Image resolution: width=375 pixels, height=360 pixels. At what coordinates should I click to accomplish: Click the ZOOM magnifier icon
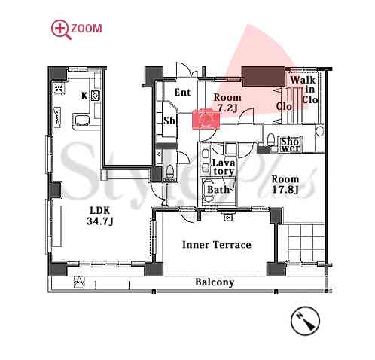pyautogui.click(x=59, y=29)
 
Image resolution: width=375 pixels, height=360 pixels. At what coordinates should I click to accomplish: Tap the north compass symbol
pyautogui.click(x=305, y=321)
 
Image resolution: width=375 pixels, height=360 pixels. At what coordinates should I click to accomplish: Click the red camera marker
pyautogui.click(x=206, y=119)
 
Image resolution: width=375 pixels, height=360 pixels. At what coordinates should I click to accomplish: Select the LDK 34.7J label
pyautogui.click(x=100, y=216)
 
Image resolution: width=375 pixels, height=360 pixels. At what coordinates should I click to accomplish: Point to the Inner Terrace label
pyautogui.click(x=217, y=245)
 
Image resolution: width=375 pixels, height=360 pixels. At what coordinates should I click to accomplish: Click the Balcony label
pyautogui.click(x=215, y=282)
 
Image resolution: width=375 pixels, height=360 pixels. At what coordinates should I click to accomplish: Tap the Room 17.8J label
pyautogui.click(x=285, y=185)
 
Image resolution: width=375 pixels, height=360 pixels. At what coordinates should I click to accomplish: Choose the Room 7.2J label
pyautogui.click(x=227, y=103)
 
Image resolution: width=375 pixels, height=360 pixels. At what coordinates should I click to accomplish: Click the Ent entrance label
pyautogui.click(x=182, y=93)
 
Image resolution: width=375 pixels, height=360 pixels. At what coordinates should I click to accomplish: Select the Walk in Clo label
pyautogui.click(x=306, y=90)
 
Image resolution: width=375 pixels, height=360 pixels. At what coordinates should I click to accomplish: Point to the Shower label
pyautogui.click(x=291, y=145)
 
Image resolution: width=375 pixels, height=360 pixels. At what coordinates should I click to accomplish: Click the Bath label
pyautogui.click(x=218, y=190)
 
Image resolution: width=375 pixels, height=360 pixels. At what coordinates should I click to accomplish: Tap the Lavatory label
pyautogui.click(x=223, y=167)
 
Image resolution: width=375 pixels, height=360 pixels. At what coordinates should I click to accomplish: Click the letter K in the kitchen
pyautogui.click(x=84, y=96)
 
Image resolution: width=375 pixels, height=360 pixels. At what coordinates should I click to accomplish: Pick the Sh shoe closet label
pyautogui.click(x=169, y=121)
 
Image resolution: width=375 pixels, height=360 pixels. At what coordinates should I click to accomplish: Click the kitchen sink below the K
pyautogui.click(x=81, y=120)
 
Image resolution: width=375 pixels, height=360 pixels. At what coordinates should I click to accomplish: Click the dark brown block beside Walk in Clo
pyautogui.click(x=264, y=76)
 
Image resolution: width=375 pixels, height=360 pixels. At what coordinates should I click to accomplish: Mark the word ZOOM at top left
pyautogui.click(x=87, y=28)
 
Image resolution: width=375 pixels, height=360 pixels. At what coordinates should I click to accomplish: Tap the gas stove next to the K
pyautogui.click(x=96, y=96)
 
